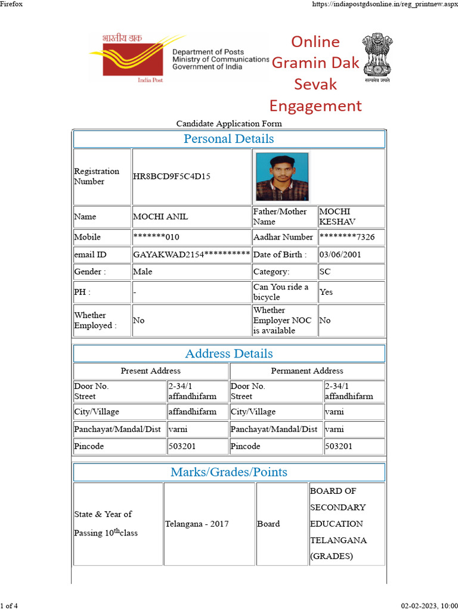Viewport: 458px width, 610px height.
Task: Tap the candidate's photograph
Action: click(282, 176)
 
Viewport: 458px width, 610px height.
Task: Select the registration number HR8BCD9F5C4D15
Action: click(171, 177)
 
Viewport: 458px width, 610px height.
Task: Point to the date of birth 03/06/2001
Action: click(340, 254)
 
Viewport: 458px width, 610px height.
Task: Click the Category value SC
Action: click(325, 272)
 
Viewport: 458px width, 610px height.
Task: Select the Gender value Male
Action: click(143, 272)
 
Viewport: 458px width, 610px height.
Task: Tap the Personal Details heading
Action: click(229, 139)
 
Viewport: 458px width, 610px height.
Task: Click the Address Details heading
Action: click(229, 353)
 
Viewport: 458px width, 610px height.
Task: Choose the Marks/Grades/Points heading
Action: click(229, 472)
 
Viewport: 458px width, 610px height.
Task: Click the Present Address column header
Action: click(151, 371)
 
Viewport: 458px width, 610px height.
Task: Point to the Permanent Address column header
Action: click(307, 371)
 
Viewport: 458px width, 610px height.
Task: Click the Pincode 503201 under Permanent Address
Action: click(339, 446)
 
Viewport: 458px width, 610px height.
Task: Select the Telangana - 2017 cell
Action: click(197, 524)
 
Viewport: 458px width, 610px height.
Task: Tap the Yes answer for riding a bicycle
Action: click(326, 292)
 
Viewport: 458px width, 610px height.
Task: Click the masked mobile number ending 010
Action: click(156, 237)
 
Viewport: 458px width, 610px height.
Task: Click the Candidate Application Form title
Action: click(229, 124)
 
